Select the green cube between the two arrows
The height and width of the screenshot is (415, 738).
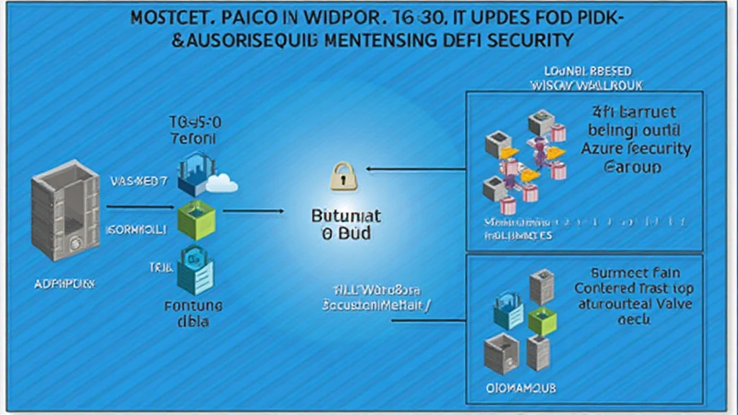pyautogui.click(x=196, y=220)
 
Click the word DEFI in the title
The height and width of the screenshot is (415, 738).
pyautogui.click(x=458, y=40)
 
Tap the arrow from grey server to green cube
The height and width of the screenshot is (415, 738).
pyautogui.click(x=141, y=208)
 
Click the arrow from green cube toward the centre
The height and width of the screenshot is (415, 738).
pyautogui.click(x=253, y=211)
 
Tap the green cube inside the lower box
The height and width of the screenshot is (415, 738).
pyautogui.click(x=542, y=321)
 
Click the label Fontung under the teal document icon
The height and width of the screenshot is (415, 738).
pyautogui.click(x=193, y=305)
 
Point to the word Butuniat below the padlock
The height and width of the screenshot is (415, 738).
pyautogui.click(x=345, y=216)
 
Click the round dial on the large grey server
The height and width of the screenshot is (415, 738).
pyautogui.click(x=75, y=243)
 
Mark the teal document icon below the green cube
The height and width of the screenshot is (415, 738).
pyautogui.click(x=195, y=267)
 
